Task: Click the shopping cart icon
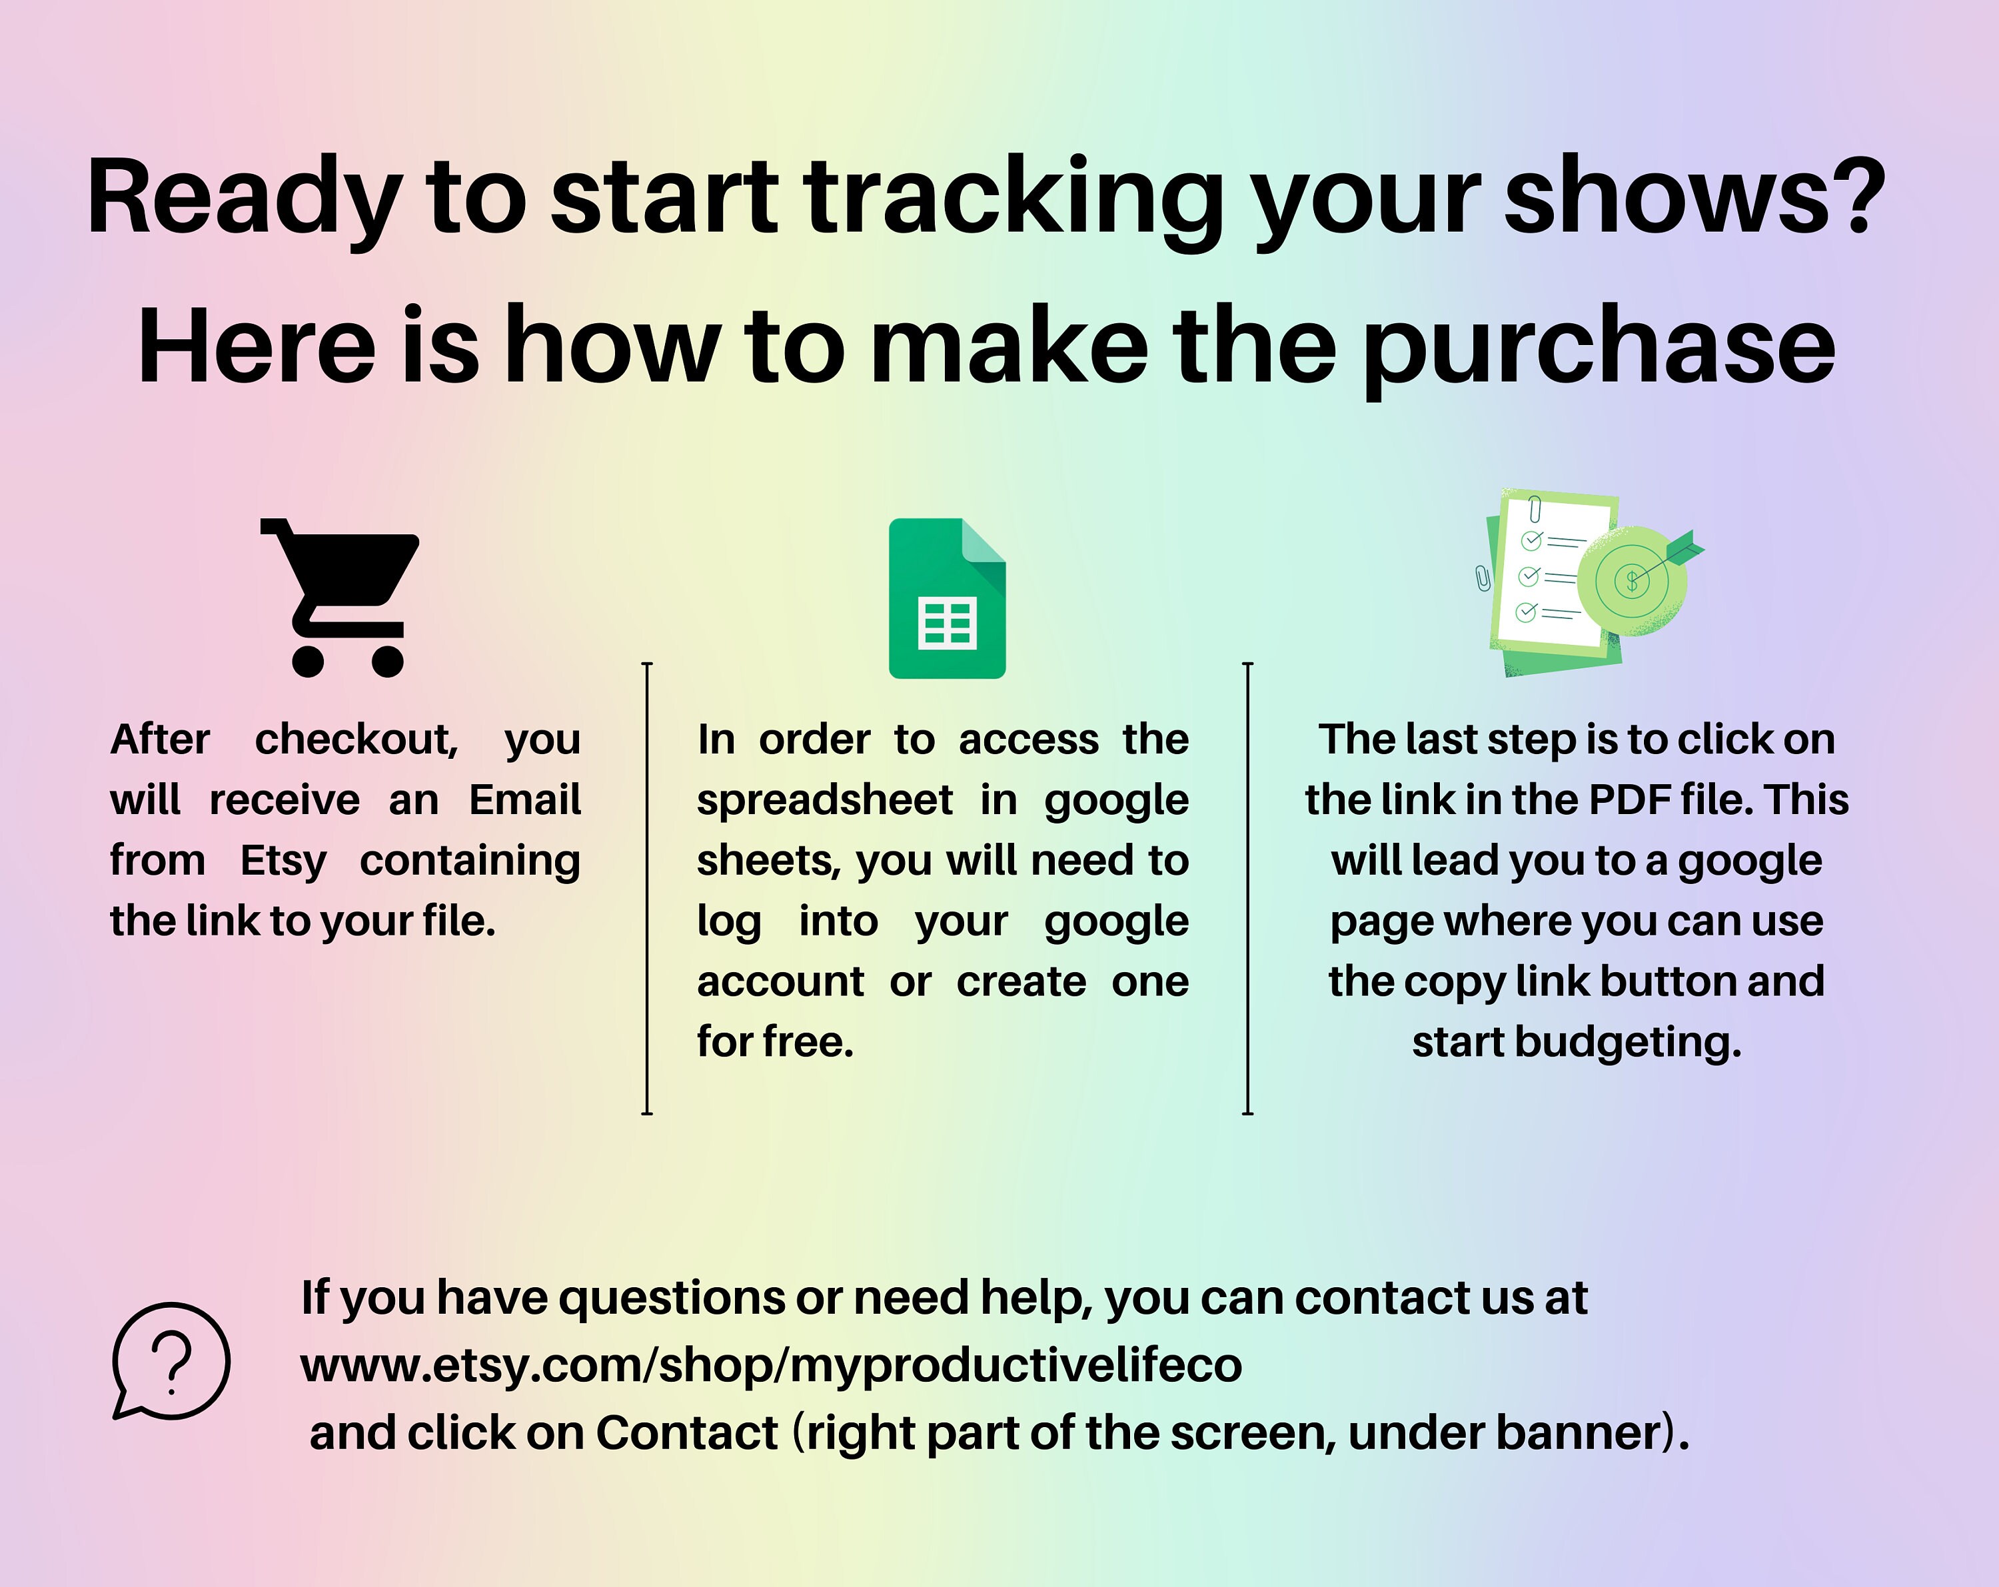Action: tap(341, 593)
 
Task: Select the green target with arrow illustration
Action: tap(1634, 580)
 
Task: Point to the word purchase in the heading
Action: tap(1599, 348)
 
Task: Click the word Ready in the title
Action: tap(244, 197)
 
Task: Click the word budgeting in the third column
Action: tap(1627, 1042)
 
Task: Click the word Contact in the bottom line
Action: tap(686, 1432)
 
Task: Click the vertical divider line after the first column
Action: tap(647, 888)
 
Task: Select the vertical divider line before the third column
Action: tap(1248, 888)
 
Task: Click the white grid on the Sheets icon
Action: tap(947, 623)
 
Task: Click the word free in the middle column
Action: tap(807, 1042)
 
